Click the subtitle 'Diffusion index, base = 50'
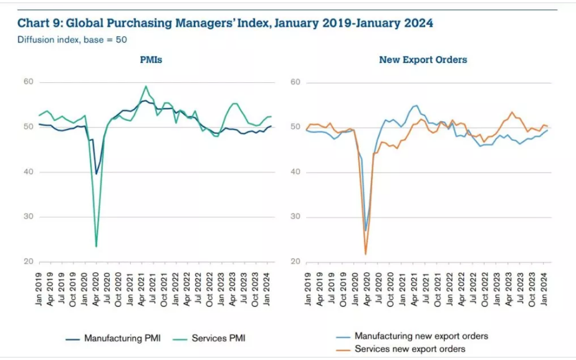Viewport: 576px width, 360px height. pyautogui.click(x=72, y=40)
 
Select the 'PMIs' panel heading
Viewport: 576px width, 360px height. pyautogui.click(x=152, y=60)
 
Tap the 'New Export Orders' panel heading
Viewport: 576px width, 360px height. pyautogui.click(x=423, y=60)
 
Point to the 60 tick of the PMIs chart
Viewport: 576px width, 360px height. pyautogui.click(x=27, y=82)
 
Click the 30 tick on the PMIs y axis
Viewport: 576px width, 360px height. pyautogui.click(x=27, y=217)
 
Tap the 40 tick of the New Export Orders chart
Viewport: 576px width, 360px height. pyautogui.click(x=295, y=172)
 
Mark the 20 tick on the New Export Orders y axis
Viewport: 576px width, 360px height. pyautogui.click(x=295, y=262)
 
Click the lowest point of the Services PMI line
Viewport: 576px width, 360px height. pyautogui.click(x=96, y=246)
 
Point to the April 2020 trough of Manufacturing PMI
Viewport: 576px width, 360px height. pyautogui.click(x=96, y=174)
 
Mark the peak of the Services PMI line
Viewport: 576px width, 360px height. pyautogui.click(x=146, y=87)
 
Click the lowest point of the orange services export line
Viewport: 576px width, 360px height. pyautogui.click(x=365, y=253)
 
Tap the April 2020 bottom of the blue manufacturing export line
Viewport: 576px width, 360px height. pyautogui.click(x=365, y=230)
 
